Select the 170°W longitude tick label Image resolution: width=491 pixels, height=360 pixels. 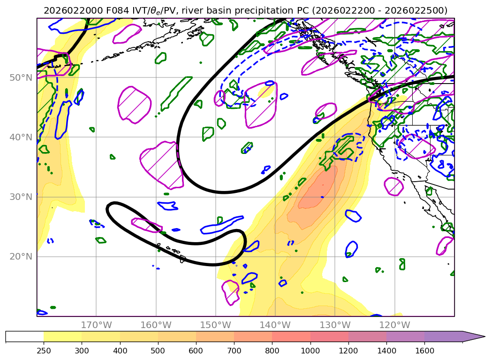[96, 325]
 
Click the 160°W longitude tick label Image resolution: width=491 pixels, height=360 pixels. [156, 325]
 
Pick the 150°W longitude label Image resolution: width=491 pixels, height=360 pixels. [215, 325]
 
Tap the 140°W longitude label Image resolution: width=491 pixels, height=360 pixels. [275, 325]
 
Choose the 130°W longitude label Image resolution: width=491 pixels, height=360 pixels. [334, 325]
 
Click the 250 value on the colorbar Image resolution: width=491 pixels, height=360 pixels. [44, 351]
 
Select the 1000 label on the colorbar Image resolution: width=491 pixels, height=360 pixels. [310, 351]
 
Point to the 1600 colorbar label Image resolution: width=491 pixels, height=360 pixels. [424, 351]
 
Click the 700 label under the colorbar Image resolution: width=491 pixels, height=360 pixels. [234, 351]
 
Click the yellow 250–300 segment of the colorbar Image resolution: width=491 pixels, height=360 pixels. [63, 337]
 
